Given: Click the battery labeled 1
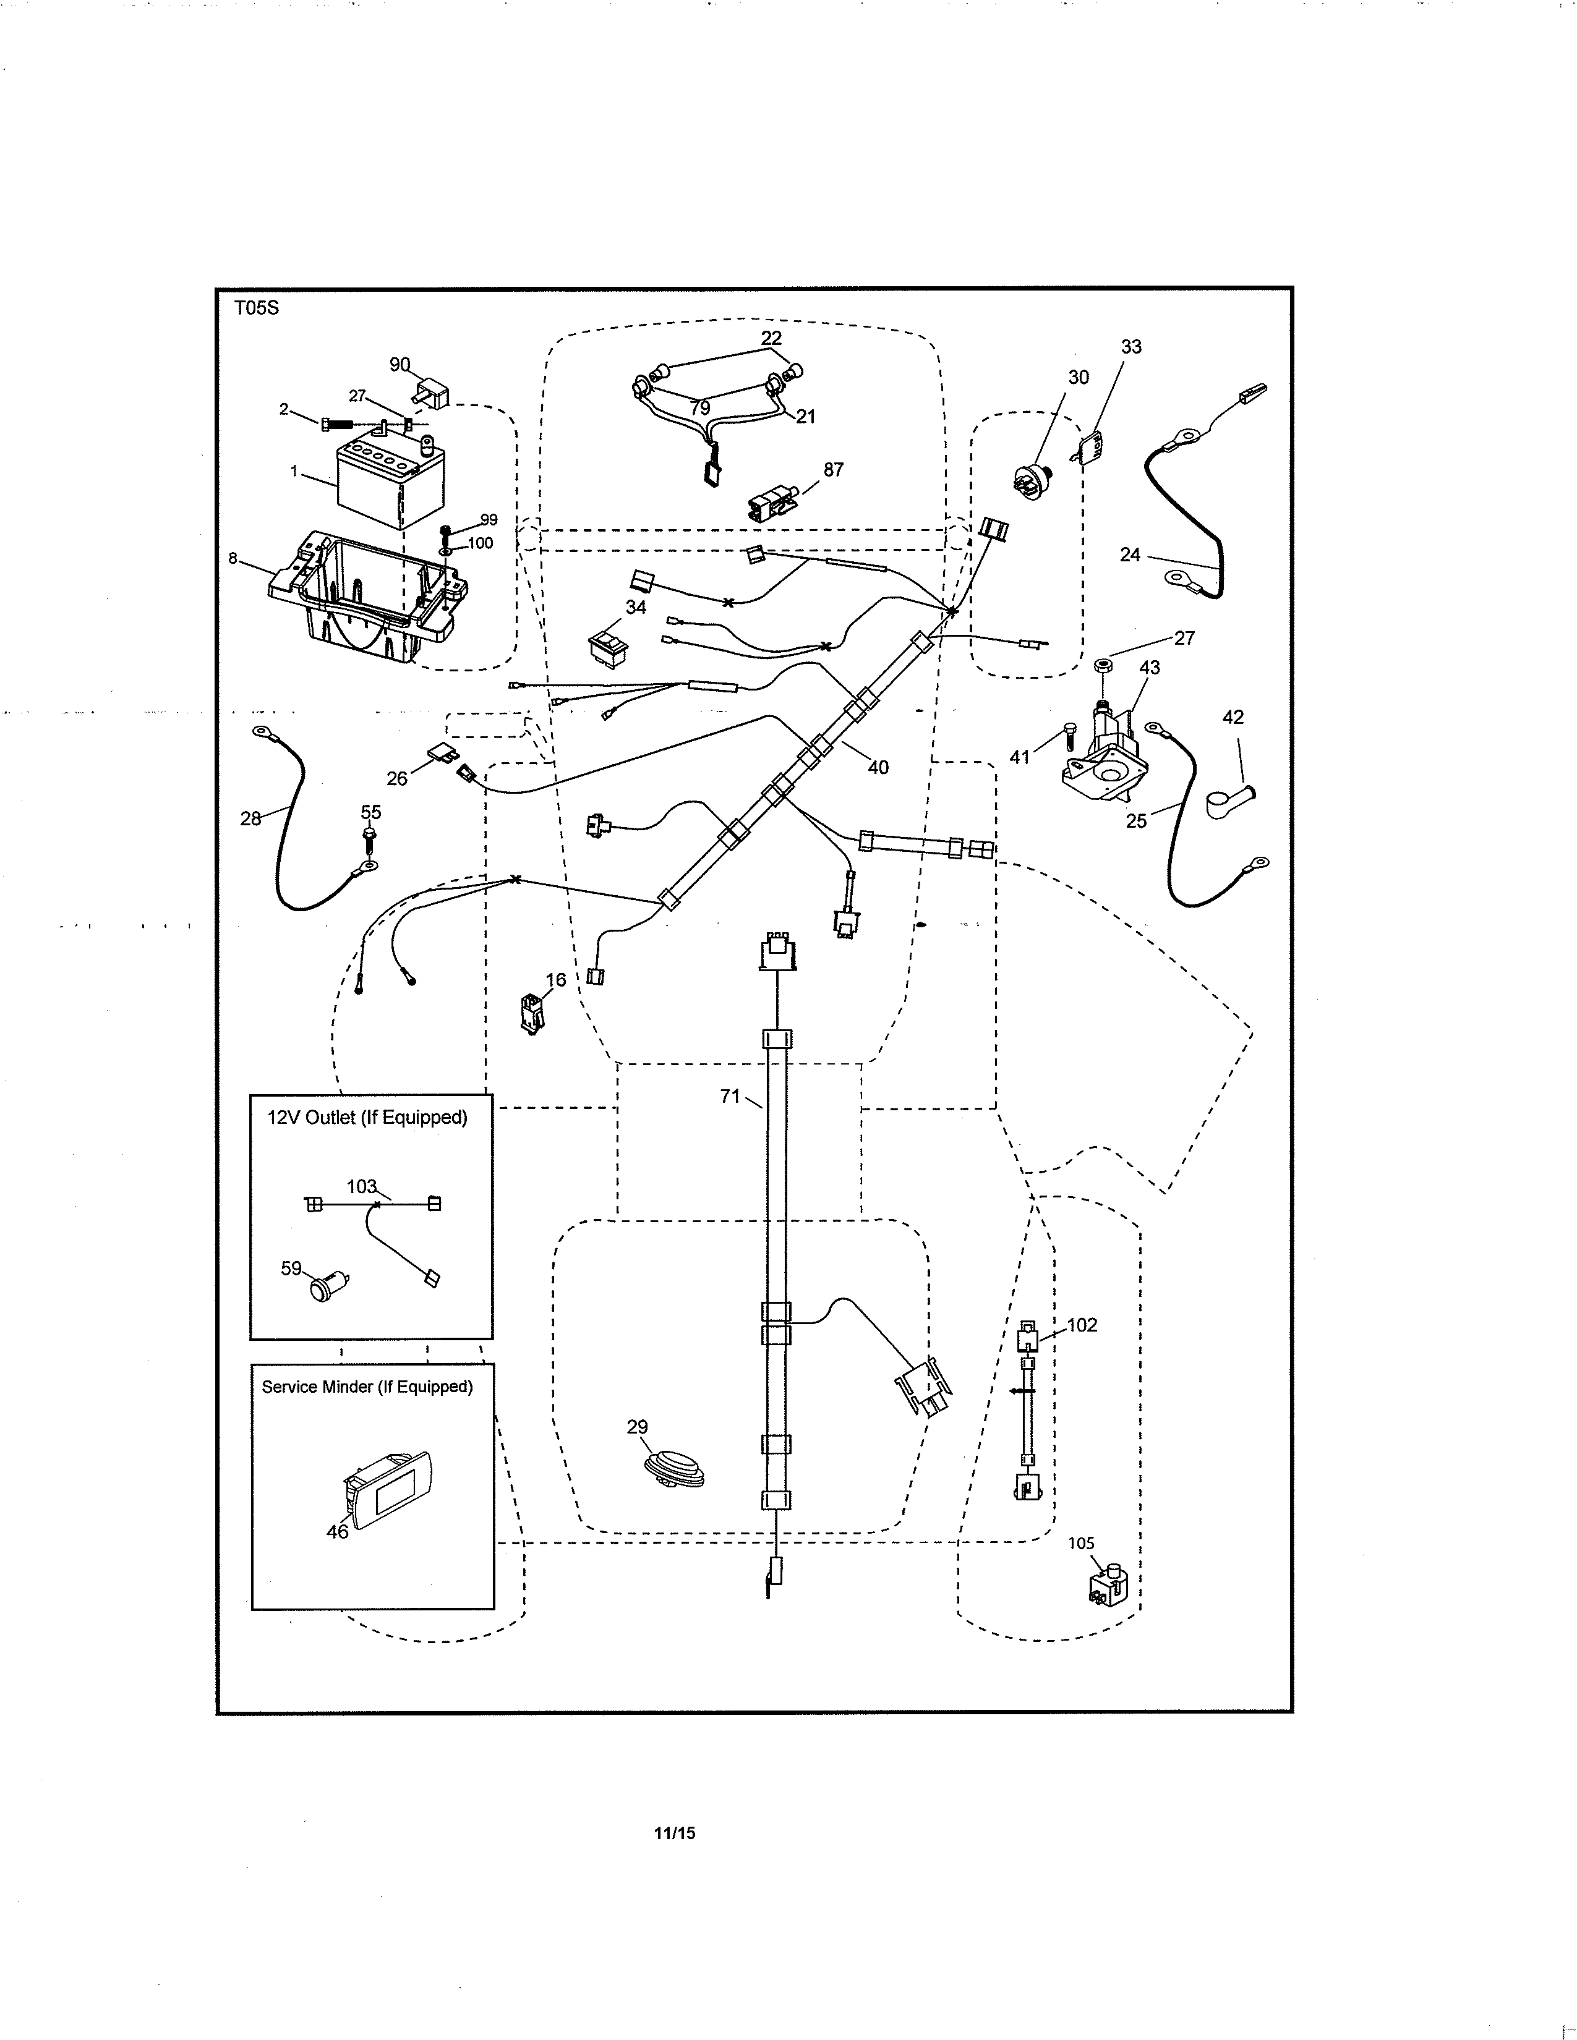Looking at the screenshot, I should pos(390,484).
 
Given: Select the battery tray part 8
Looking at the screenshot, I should pos(369,597).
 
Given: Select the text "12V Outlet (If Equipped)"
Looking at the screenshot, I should pos(367,1117).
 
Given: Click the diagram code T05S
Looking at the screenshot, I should pos(256,308).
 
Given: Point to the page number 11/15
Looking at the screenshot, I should pos(675,1833).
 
